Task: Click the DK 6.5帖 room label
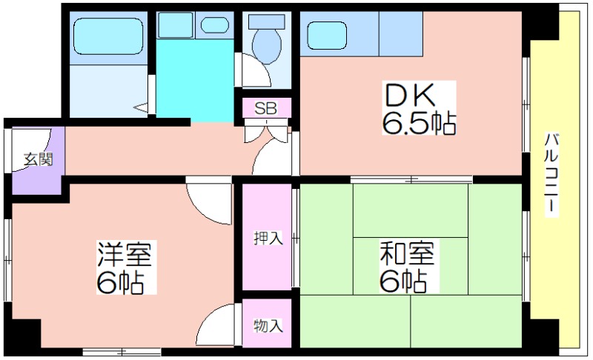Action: click(419, 108)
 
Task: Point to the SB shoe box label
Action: click(266, 108)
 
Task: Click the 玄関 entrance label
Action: click(38, 159)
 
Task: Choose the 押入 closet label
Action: click(268, 238)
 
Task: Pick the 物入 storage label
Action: click(268, 325)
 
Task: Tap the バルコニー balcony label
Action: click(551, 175)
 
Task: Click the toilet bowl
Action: click(267, 46)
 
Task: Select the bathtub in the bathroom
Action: click(108, 36)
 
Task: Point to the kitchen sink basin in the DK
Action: click(327, 35)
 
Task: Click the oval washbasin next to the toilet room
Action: click(214, 25)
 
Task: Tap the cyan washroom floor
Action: click(195, 81)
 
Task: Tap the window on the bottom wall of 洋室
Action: click(122, 352)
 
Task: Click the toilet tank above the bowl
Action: click(267, 22)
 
